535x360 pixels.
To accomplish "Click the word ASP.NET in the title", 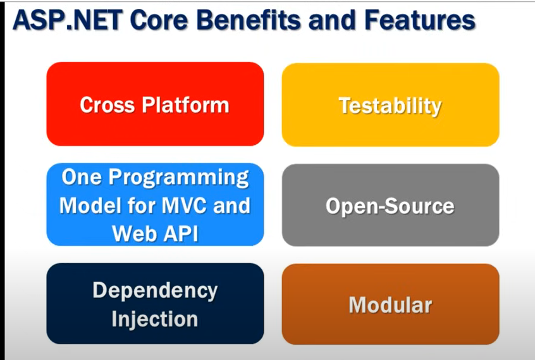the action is [68, 20].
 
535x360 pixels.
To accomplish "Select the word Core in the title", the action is [159, 20].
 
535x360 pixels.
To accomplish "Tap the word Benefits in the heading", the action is [249, 20].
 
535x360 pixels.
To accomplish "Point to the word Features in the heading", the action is [420, 20].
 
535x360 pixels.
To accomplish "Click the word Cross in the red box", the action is [107, 105].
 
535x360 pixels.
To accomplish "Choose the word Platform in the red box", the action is [185, 105].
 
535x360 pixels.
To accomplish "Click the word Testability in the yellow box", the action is [390, 106].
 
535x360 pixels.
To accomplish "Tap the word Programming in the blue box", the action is [179, 178].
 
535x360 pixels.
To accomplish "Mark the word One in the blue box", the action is [82, 177].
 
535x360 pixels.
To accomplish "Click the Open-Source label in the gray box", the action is [390, 206].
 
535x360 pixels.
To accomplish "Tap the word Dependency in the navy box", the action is [155, 291].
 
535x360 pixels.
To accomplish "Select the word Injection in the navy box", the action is [155, 320].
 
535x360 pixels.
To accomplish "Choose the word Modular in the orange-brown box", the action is [390, 305].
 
